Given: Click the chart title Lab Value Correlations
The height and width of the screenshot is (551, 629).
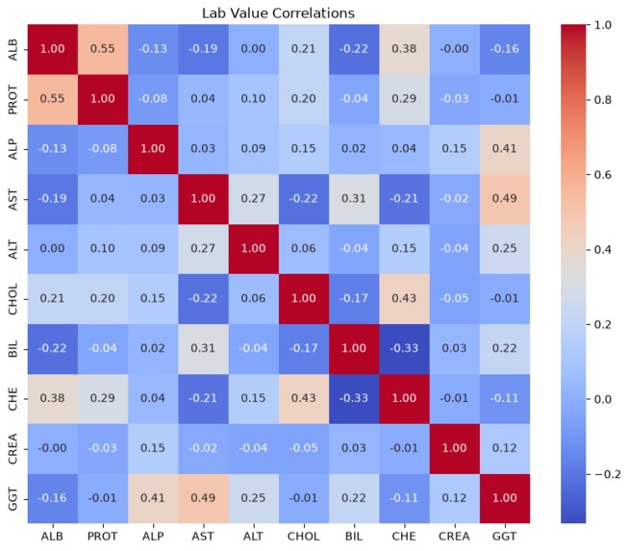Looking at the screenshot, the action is pyautogui.click(x=278, y=13).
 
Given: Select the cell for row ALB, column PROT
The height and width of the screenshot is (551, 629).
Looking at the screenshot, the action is pyautogui.click(x=103, y=49).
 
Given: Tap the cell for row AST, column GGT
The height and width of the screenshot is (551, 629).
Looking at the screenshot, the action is pyautogui.click(x=505, y=199).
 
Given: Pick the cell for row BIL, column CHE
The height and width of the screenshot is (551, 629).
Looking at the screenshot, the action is pyautogui.click(x=404, y=349).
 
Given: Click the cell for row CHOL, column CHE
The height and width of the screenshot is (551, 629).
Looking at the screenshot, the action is pyautogui.click(x=404, y=299).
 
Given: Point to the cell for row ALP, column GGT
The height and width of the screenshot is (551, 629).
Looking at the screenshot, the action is pyautogui.click(x=505, y=149).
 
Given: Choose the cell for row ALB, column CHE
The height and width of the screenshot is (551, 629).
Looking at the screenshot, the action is pyautogui.click(x=404, y=49).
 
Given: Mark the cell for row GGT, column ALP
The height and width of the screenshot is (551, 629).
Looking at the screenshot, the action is pyautogui.click(x=153, y=498).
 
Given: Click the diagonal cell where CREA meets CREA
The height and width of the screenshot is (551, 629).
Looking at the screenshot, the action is pyautogui.click(x=455, y=449).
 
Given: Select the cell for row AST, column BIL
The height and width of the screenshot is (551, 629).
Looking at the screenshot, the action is pyautogui.click(x=354, y=199).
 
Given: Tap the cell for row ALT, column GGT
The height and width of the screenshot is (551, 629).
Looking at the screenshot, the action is pyautogui.click(x=505, y=249).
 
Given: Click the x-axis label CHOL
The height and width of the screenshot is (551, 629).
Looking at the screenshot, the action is pyautogui.click(x=304, y=537).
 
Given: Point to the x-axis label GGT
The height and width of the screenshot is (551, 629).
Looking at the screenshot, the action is pyautogui.click(x=505, y=537).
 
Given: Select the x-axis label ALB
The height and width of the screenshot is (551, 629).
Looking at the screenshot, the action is pyautogui.click(x=52, y=537).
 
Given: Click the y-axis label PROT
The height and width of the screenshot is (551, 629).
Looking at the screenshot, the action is pyautogui.click(x=13, y=99).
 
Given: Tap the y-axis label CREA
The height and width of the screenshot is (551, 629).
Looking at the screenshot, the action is pyautogui.click(x=13, y=449).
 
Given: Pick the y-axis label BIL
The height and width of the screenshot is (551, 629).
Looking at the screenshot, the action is pyautogui.click(x=13, y=349).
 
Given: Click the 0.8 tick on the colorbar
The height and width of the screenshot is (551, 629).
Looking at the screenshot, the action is pyautogui.click(x=602, y=100).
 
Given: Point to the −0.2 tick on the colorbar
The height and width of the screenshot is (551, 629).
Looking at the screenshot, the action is pyautogui.click(x=607, y=474).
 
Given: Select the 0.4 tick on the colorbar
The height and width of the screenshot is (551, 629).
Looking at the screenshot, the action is pyautogui.click(x=602, y=250).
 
